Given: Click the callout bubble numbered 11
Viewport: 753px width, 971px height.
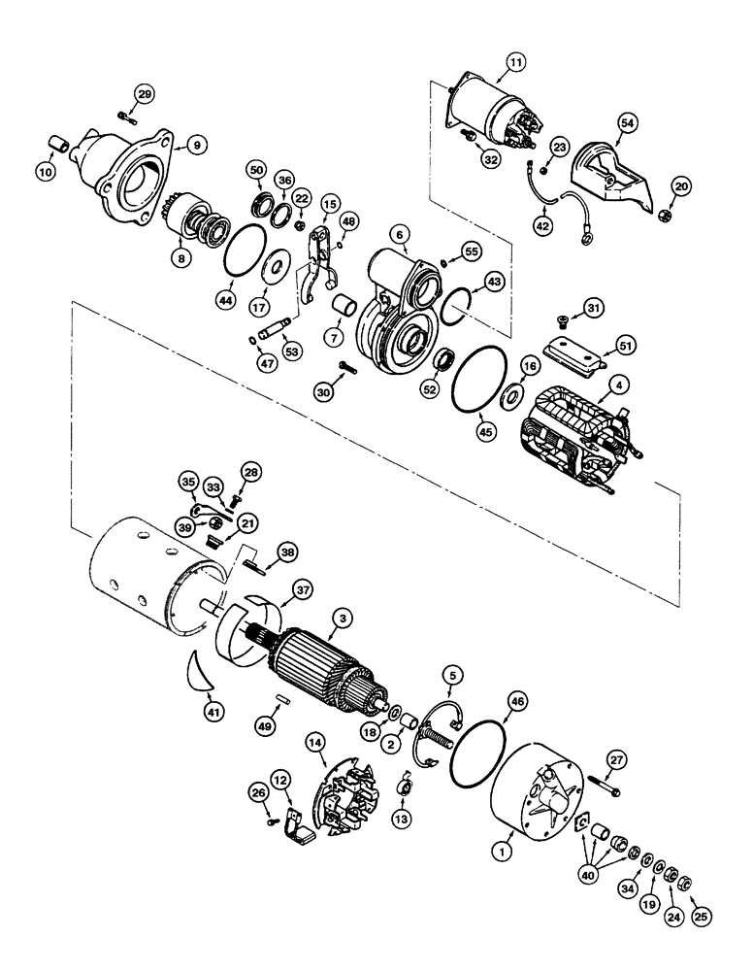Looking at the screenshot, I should click(x=513, y=66).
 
